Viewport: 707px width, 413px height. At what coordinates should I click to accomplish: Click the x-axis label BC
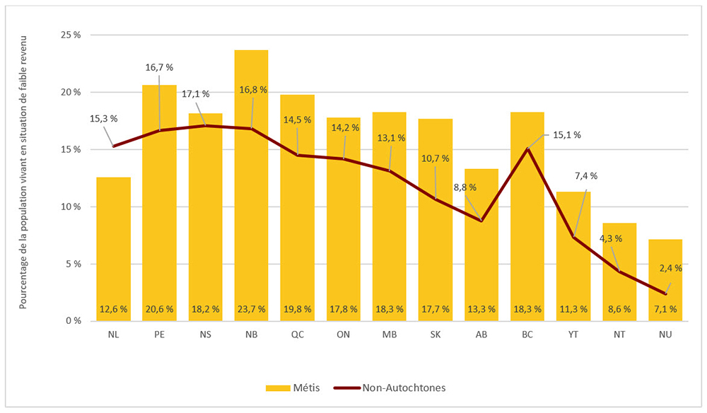tap(527, 335)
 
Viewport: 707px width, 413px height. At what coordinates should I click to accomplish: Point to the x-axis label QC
tap(297, 335)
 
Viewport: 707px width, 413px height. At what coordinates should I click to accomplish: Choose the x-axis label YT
tap(573, 335)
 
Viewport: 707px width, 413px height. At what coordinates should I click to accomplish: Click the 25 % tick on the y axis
tap(70, 35)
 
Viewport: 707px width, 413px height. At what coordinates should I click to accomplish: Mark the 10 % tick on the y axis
tap(70, 206)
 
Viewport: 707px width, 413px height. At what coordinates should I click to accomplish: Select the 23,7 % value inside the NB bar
tap(251, 309)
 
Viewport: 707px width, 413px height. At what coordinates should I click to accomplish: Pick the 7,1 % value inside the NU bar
tap(665, 309)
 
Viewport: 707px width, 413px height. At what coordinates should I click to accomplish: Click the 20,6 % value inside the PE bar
tap(159, 309)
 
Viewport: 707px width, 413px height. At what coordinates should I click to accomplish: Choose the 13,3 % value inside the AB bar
tap(481, 309)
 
